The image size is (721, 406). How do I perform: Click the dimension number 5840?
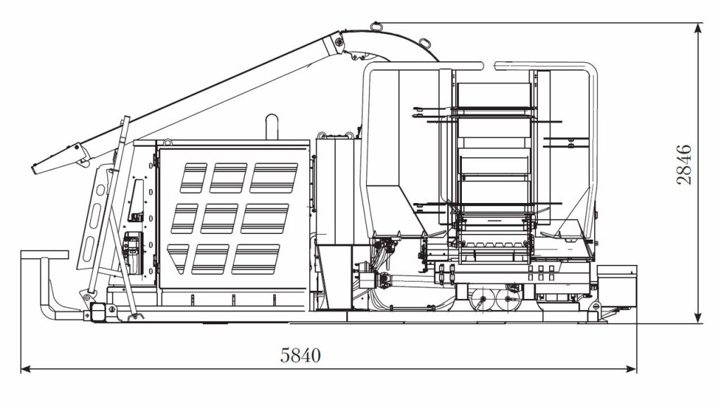pos(300,355)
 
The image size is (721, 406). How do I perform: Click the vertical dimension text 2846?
pos(684,164)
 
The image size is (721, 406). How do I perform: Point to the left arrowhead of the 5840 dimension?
pos(26,369)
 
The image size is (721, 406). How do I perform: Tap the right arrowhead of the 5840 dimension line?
pos(632,369)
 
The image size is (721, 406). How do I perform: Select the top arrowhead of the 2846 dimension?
pos(698,28)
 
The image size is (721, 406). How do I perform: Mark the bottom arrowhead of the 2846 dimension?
pos(698,318)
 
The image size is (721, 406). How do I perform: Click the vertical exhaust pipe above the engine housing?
pos(272,127)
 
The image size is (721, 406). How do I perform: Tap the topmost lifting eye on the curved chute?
pos(376,26)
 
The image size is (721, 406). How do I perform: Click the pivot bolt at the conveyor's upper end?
pos(339,42)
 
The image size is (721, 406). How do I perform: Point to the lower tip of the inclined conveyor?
pos(33,169)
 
